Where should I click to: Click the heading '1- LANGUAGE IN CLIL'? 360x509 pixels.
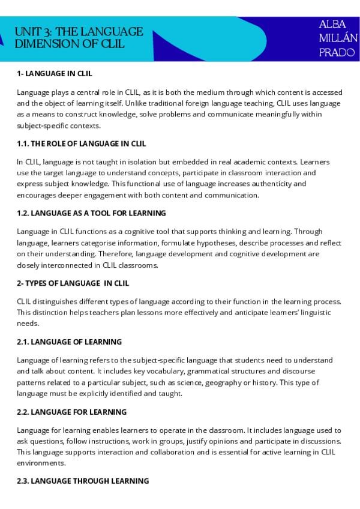[x=55, y=74]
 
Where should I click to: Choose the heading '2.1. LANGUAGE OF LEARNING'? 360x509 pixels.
[x=70, y=342]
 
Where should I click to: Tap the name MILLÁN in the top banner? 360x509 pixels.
[x=338, y=39]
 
